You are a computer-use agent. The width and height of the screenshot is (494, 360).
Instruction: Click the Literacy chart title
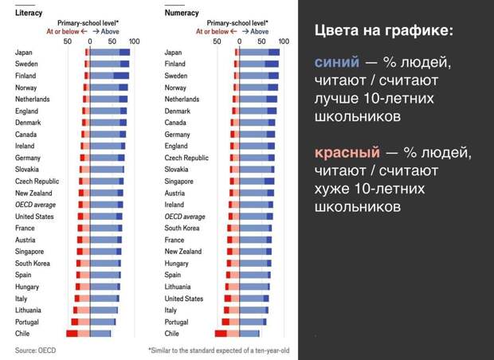pyautogui.click(x=29, y=13)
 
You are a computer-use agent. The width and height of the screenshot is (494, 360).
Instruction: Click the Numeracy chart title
pyautogui.click(x=182, y=13)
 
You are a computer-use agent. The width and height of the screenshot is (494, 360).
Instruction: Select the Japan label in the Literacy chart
pyautogui.click(x=24, y=52)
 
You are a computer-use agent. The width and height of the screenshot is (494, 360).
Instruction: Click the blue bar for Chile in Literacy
pyautogui.click(x=100, y=333)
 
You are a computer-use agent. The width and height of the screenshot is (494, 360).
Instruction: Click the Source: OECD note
pyautogui.click(x=37, y=350)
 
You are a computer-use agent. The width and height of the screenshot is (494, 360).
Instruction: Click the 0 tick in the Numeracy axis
pyautogui.click(x=238, y=40)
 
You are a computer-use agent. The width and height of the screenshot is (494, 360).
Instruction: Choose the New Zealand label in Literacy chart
pyautogui.click(x=33, y=193)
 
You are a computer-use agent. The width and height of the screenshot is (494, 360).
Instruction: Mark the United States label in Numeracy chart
pyautogui.click(x=184, y=299)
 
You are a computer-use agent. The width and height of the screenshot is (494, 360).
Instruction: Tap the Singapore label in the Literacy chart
pyautogui.click(x=30, y=252)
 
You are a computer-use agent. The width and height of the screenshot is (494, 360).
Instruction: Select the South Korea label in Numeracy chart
pyautogui.click(x=182, y=228)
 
